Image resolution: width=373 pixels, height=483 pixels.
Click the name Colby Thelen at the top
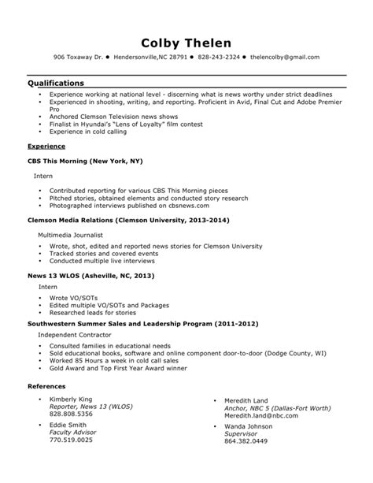186,42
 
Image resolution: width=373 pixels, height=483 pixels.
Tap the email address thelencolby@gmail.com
285,58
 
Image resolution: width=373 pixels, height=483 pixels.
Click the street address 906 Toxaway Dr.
77,58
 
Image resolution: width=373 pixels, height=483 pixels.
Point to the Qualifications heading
56,82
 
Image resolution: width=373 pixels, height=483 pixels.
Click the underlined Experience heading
46,147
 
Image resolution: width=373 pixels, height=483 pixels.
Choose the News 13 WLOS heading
90,277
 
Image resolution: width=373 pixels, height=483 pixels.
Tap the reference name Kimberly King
71,400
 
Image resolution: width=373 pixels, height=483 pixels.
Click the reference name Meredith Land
246,400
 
